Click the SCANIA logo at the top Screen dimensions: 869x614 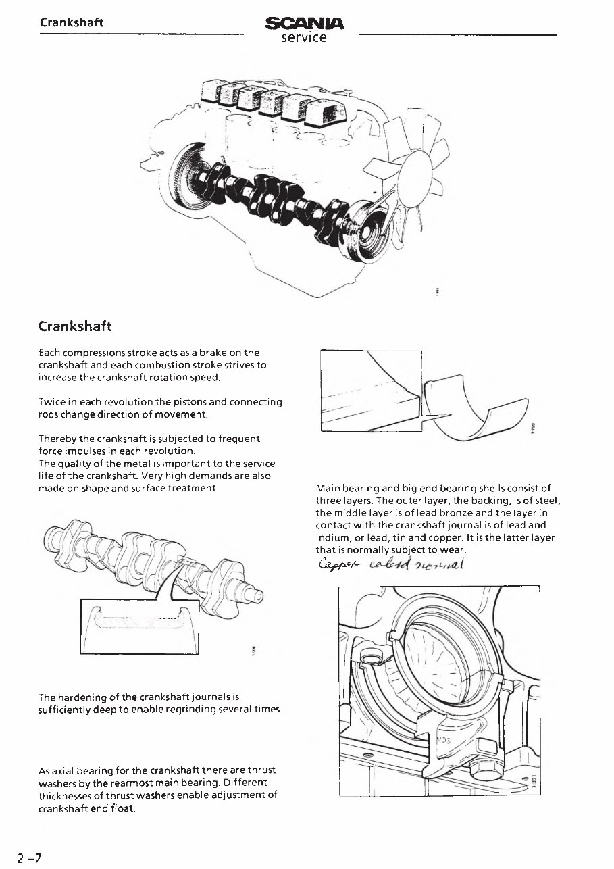305,25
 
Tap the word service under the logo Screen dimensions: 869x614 304,39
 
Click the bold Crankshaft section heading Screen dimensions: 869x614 74,326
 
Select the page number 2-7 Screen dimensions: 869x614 30,858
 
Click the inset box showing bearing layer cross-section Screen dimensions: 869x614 370,391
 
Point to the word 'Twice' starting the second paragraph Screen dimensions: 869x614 53,402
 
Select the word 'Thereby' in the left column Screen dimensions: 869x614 58,439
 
